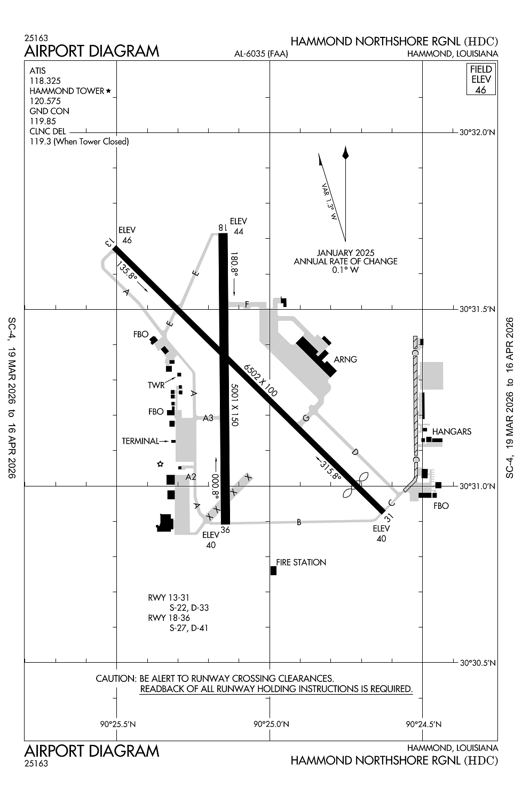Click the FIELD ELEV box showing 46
click(481, 80)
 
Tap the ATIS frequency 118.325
click(45, 81)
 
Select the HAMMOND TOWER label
click(67, 91)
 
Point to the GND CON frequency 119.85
click(43, 121)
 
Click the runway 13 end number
click(109, 242)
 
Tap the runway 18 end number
click(223, 227)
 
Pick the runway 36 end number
click(225, 530)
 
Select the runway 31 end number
click(389, 517)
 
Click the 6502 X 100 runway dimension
click(260, 380)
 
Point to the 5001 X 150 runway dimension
click(234, 404)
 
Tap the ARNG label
click(345, 359)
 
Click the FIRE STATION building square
click(273, 570)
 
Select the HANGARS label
click(452, 431)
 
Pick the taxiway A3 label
click(208, 418)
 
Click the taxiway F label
click(247, 304)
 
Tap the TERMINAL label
click(140, 441)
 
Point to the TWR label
click(156, 385)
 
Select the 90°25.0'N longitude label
click(271, 724)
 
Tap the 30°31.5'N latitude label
click(477, 309)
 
